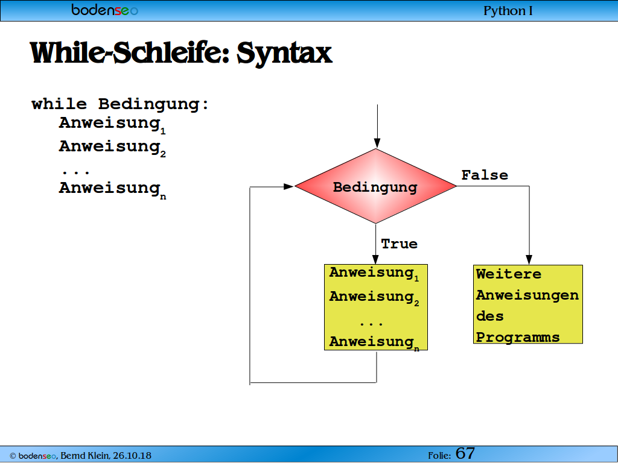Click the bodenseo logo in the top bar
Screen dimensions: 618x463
click(104, 10)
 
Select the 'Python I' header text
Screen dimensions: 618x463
click(508, 11)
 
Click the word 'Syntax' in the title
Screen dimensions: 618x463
click(284, 53)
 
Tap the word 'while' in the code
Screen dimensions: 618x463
click(59, 104)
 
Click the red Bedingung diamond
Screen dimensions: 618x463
click(375, 186)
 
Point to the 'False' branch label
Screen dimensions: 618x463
click(485, 175)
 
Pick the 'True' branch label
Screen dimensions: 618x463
click(400, 244)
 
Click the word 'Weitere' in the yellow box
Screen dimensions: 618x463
click(508, 274)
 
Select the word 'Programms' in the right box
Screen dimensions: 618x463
click(518, 338)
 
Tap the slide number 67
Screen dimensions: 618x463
click(465, 453)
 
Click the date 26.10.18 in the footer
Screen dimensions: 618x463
click(132, 456)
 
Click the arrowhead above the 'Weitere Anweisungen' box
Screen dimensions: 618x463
click(529, 259)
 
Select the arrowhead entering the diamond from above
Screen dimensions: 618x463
click(377, 143)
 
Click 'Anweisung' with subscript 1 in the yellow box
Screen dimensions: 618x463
click(374, 273)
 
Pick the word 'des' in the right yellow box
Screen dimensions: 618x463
click(490, 316)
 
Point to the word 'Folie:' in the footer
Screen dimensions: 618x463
click(439, 456)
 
